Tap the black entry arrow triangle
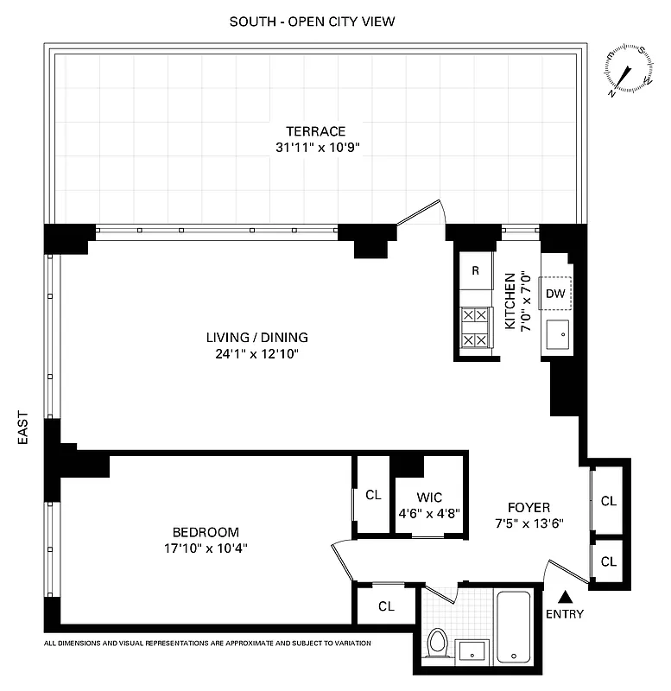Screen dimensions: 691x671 (x=565, y=596)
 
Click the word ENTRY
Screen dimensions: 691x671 (x=565, y=614)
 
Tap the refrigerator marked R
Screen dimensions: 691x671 (x=476, y=271)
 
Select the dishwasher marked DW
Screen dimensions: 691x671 (x=555, y=295)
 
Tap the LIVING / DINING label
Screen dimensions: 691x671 (x=256, y=338)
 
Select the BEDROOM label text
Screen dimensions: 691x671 (x=206, y=532)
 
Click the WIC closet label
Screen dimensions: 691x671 (x=429, y=497)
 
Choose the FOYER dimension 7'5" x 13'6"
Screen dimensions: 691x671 (x=529, y=523)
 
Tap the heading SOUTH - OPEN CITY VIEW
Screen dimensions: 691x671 (x=312, y=21)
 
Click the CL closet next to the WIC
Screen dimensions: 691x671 (x=373, y=496)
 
